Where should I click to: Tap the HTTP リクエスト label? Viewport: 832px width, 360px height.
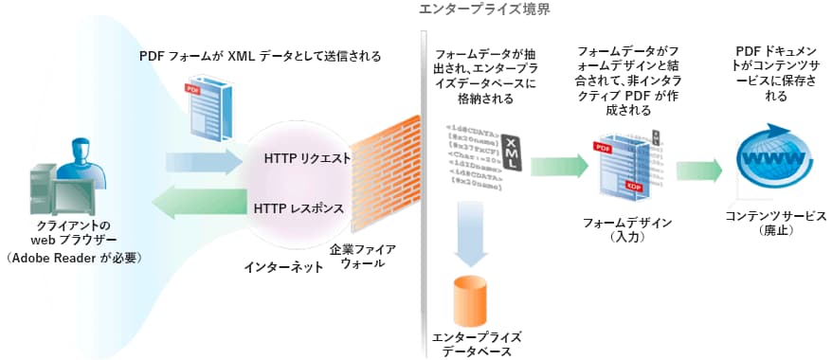[x=307, y=157]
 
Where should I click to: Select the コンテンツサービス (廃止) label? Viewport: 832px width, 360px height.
[x=775, y=223]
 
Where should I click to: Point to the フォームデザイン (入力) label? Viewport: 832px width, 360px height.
[x=628, y=229]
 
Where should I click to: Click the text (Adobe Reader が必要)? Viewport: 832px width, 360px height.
[x=75, y=257]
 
